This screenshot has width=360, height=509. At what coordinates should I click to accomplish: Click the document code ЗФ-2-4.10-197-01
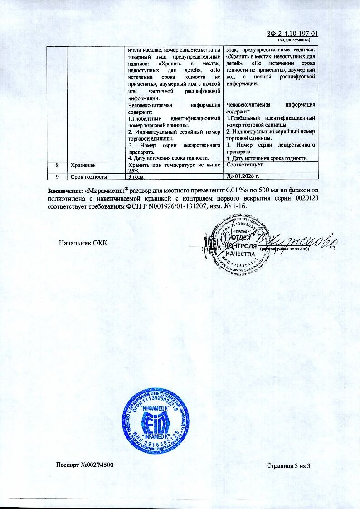(x=293, y=34)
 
